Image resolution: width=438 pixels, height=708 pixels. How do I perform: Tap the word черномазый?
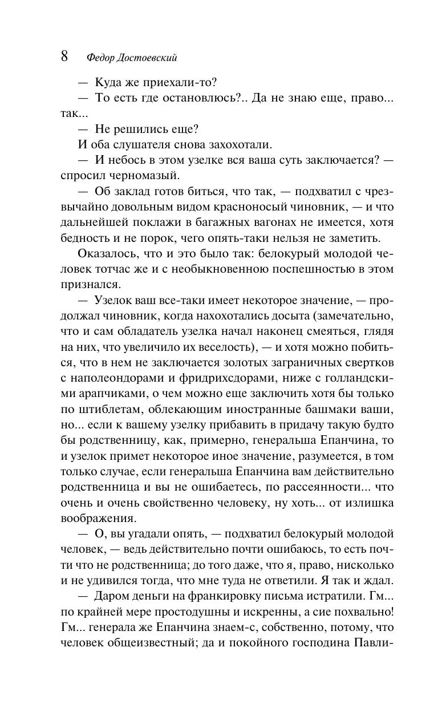click(137, 175)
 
